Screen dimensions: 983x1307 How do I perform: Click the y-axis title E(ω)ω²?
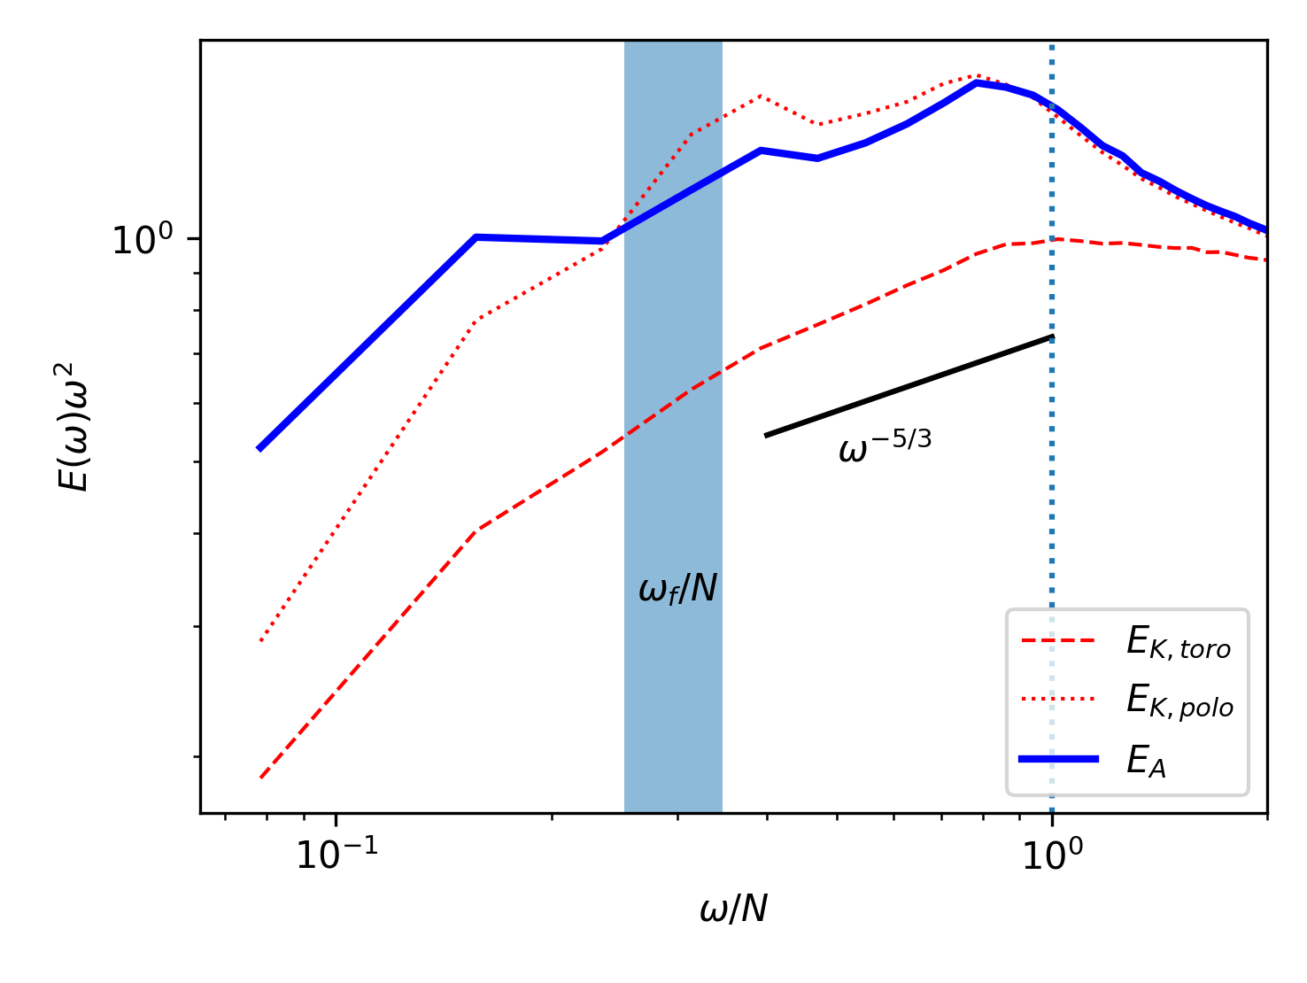coord(74,426)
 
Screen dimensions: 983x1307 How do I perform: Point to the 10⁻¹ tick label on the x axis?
coord(336,855)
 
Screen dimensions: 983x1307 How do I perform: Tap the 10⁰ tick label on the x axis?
coord(1052,855)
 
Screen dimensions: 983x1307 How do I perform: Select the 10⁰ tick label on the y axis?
coord(143,240)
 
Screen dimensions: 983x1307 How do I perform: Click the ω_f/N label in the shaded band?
coord(677,588)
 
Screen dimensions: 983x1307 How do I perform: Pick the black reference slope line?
coord(908,386)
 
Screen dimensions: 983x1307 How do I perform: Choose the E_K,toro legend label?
coord(1179,644)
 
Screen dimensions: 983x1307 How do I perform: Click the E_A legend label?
coord(1146,761)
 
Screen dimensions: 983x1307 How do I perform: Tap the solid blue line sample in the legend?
coord(1059,759)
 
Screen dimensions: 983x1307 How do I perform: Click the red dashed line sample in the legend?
coord(1059,640)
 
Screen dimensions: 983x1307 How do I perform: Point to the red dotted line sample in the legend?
coord(1059,700)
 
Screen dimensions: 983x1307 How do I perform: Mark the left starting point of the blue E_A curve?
coord(259,449)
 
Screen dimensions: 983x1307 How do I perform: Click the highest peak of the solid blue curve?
coord(976,82)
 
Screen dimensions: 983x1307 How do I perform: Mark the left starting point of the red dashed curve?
coord(260,778)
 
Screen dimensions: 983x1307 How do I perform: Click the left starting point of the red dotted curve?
coord(260,640)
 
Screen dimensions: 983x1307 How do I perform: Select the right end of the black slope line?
coord(1051,337)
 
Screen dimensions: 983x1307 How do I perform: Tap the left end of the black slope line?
coord(766,435)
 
